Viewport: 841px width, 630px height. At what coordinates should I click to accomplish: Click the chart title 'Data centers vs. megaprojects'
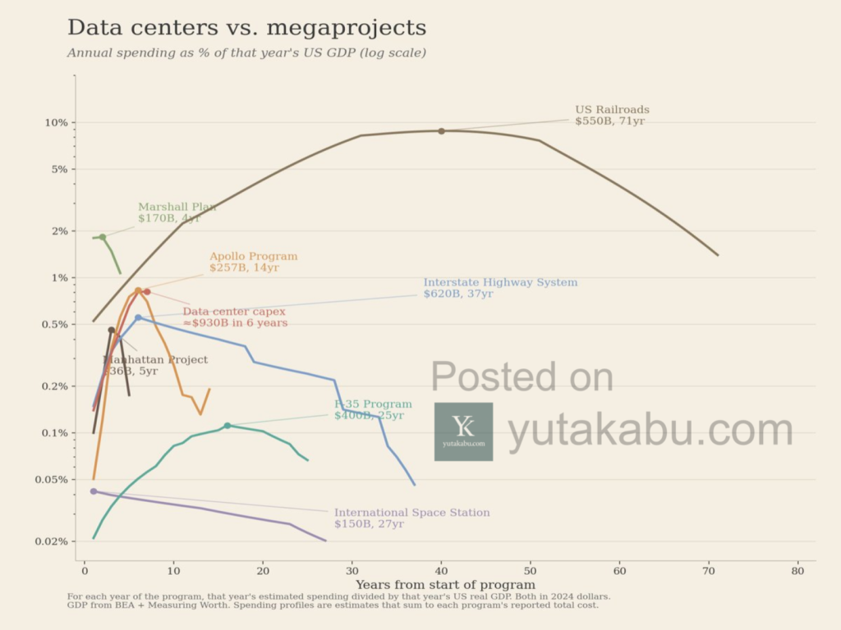coord(246,28)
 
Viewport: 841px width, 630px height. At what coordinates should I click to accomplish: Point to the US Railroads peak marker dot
coord(441,131)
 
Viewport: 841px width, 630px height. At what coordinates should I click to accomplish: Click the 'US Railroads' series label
coord(612,110)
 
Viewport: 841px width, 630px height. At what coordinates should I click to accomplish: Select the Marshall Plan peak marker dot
coord(103,237)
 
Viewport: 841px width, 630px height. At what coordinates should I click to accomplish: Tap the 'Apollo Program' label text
coord(253,257)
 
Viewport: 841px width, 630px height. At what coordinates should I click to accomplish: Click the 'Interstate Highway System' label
coord(500,283)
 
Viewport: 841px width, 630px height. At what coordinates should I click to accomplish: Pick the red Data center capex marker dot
coord(147,292)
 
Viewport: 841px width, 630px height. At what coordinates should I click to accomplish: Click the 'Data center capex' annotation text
coord(234,312)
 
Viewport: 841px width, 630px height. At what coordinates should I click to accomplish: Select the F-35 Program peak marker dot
coord(227,426)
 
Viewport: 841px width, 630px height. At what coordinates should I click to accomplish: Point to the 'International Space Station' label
coord(411,513)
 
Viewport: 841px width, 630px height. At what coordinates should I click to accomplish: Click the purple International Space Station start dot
coord(94,491)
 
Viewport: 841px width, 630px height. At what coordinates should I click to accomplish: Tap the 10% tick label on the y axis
coord(55,123)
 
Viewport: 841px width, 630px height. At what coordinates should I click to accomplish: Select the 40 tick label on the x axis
coord(441,571)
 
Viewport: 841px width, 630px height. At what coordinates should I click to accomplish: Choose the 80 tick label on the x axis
coord(797,571)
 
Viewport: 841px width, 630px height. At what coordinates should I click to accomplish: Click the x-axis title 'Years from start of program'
coord(445,585)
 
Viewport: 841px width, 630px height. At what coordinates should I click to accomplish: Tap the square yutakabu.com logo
coord(463,431)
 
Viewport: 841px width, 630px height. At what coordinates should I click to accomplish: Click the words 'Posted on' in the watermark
coord(522,377)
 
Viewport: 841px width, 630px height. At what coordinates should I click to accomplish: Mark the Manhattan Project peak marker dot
coord(112,331)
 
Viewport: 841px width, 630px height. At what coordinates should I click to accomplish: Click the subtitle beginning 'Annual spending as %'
coord(246,53)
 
